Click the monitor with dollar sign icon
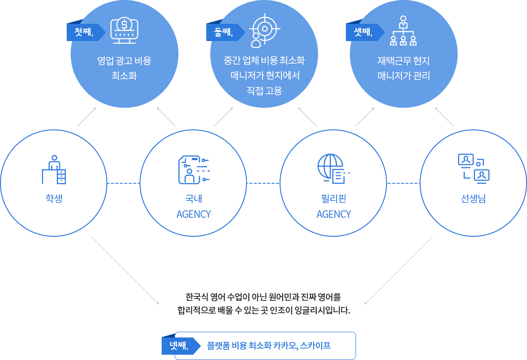pos(124,30)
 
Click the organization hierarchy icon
pos(403,31)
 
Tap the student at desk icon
pos(54,170)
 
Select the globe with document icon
pos(333,169)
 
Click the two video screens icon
pos(473,169)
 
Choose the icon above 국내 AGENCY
pos(193,169)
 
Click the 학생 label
pos(54,198)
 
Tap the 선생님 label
pos(473,198)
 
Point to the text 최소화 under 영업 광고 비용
pos(124,76)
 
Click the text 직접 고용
pos(264,91)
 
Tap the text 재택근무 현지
pos(403,61)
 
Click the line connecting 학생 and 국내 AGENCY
pos(123,183)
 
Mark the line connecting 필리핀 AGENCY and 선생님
pos(403,183)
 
